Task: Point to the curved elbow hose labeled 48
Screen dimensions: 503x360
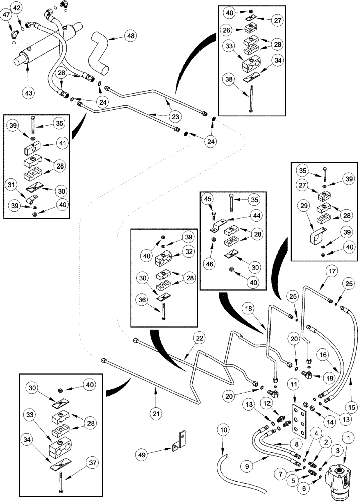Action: pos(98,52)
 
